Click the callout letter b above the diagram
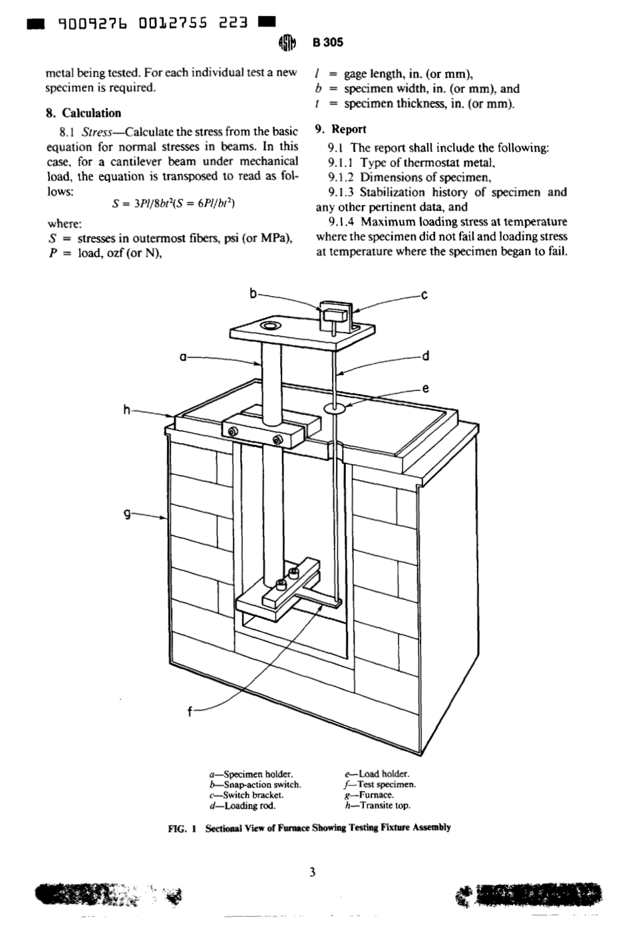253,293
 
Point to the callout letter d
425,355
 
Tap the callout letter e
425,388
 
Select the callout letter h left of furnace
126,410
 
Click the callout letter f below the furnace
190,712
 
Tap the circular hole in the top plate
271,325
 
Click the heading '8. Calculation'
83,113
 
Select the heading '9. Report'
341,129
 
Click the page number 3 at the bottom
312,872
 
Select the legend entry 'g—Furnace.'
369,795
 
